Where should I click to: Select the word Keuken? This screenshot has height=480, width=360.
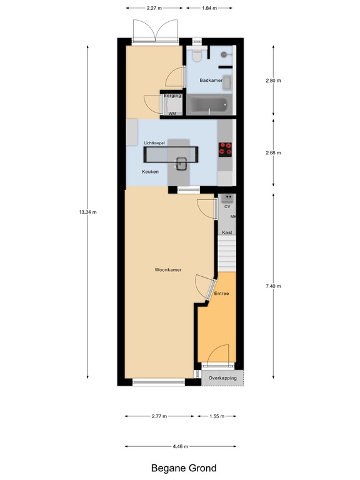150,171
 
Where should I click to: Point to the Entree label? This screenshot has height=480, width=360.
221,294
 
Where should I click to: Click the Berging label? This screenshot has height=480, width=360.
172,96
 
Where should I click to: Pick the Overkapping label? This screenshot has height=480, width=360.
222,379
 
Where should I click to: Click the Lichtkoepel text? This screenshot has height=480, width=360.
154,142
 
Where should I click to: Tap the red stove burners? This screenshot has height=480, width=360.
225,149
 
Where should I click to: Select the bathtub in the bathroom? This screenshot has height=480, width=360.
210,105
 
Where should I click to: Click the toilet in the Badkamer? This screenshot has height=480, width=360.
197,57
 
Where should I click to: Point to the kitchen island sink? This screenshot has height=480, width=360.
182,164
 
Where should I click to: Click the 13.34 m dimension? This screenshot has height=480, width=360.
87,212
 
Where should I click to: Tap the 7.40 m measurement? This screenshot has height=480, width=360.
273,286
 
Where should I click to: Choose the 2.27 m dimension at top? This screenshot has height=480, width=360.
155,8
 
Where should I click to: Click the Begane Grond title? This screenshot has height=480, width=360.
184,468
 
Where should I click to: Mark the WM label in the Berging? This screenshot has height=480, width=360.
172,114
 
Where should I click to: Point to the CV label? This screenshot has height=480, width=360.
227,206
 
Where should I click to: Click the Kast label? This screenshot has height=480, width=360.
227,232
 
